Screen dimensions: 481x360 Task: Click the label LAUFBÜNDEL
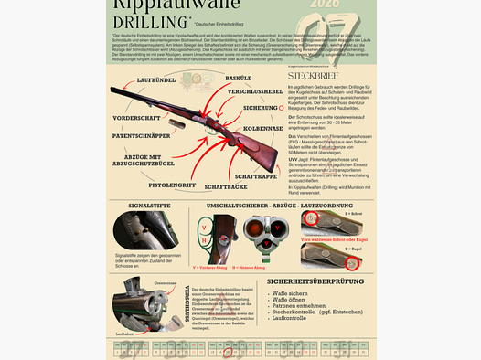point(156,81)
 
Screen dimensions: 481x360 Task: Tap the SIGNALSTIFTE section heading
point(143,208)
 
